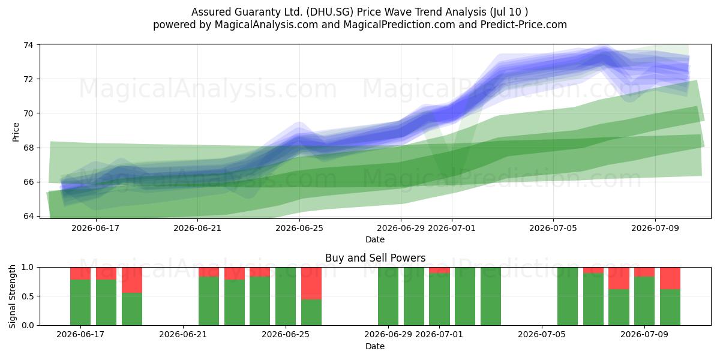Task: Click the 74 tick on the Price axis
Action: point(28,44)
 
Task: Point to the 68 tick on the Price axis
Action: point(28,148)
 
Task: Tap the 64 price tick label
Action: point(28,216)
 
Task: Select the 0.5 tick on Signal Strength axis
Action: point(28,296)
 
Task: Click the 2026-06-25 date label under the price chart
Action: point(299,228)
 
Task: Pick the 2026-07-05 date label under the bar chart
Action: point(542,334)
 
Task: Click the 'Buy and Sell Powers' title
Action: point(375,258)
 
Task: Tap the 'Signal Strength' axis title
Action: point(12,296)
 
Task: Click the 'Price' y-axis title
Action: point(16,132)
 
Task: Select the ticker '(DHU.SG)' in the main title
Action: point(330,12)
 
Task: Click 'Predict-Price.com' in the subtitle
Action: point(524,25)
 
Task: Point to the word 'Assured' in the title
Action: point(211,12)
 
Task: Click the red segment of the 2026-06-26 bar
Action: point(311,283)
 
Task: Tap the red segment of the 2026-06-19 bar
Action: point(132,280)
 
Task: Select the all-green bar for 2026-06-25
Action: point(286,296)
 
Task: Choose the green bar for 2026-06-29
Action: point(388,296)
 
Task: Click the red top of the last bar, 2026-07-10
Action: point(670,278)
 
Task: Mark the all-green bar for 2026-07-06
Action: point(568,296)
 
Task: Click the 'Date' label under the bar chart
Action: point(375,346)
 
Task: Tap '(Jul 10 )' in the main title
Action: point(509,12)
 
